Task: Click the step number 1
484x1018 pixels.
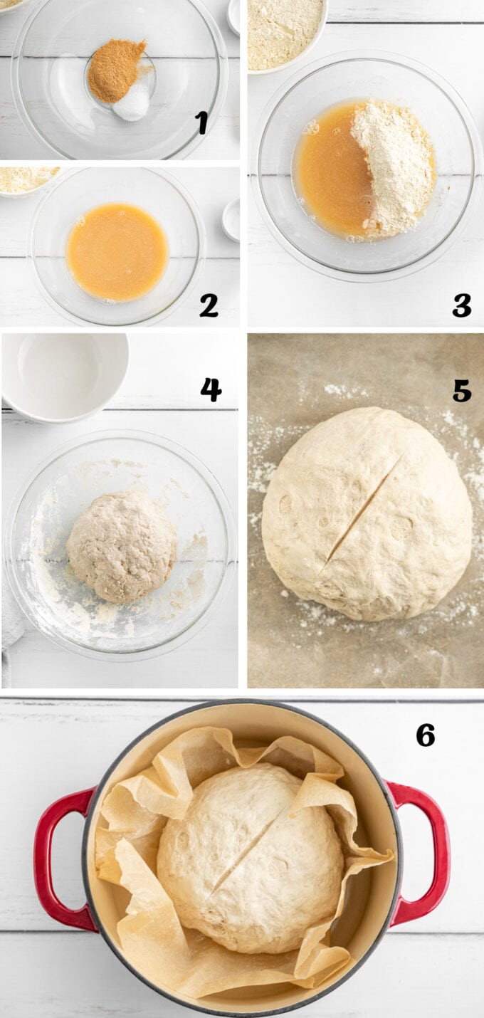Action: pyautogui.click(x=202, y=122)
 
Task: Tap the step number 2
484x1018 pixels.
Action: pyautogui.click(x=209, y=305)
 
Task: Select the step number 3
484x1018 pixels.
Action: pyautogui.click(x=462, y=305)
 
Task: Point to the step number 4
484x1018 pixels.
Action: pyautogui.click(x=211, y=389)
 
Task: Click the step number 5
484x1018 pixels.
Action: pyautogui.click(x=462, y=390)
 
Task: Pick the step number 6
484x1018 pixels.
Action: pyautogui.click(x=426, y=735)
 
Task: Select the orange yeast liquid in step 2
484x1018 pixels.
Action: pyautogui.click(x=117, y=252)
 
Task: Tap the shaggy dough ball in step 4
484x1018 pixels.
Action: pyautogui.click(x=122, y=546)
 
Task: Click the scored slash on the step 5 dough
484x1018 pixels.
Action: pyautogui.click(x=361, y=511)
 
